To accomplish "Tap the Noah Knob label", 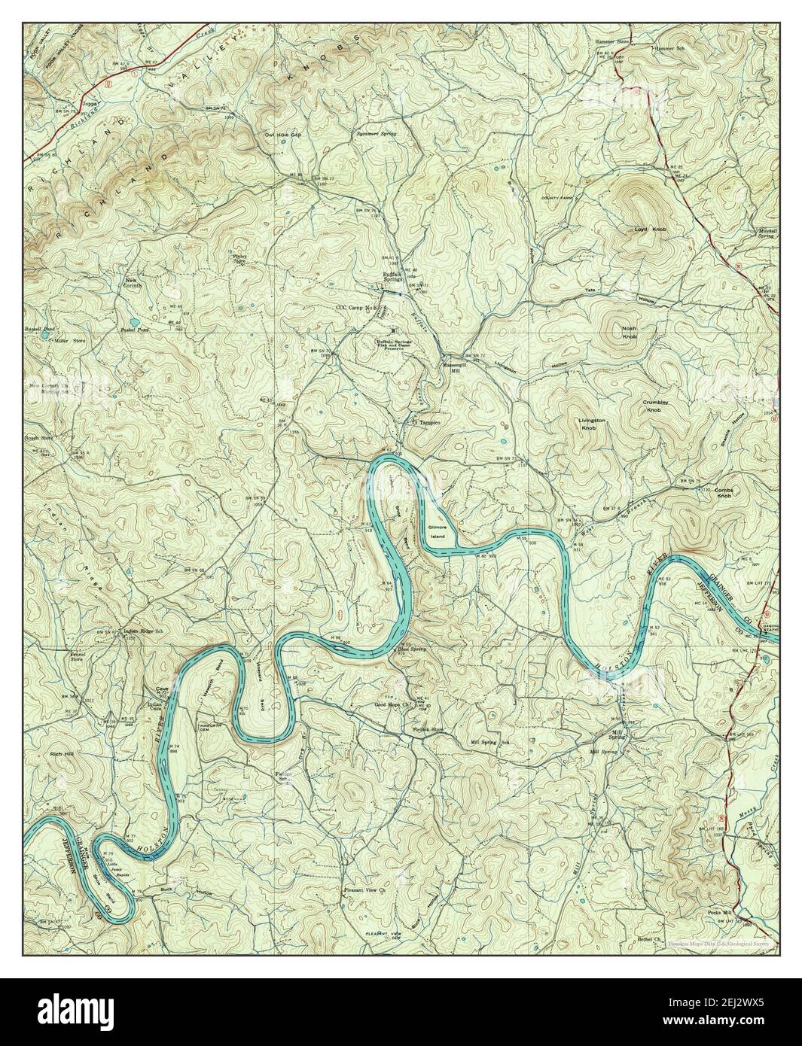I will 629,333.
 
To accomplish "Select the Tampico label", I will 427,423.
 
